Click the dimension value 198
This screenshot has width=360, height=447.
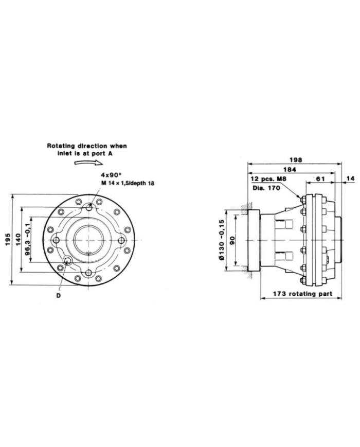(x=295, y=159)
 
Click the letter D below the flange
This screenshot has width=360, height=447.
(x=59, y=295)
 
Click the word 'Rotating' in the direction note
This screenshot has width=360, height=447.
(x=62, y=146)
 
